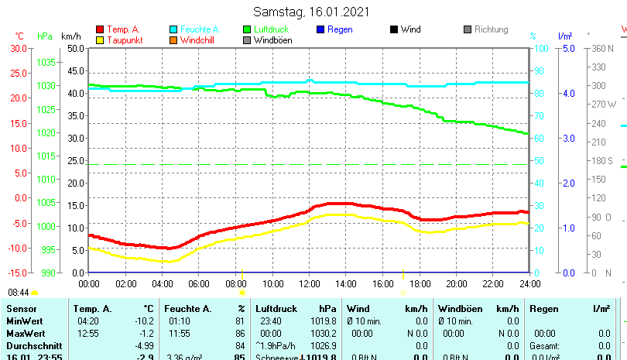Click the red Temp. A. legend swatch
coord(100,29)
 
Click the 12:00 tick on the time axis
coord(309,283)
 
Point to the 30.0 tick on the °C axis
coord(18,48)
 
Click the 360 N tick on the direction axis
coord(603,48)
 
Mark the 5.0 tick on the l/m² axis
coord(567,48)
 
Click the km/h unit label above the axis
coord(70,36)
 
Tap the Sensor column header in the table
coord(22,309)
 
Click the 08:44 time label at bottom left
coord(19,293)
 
